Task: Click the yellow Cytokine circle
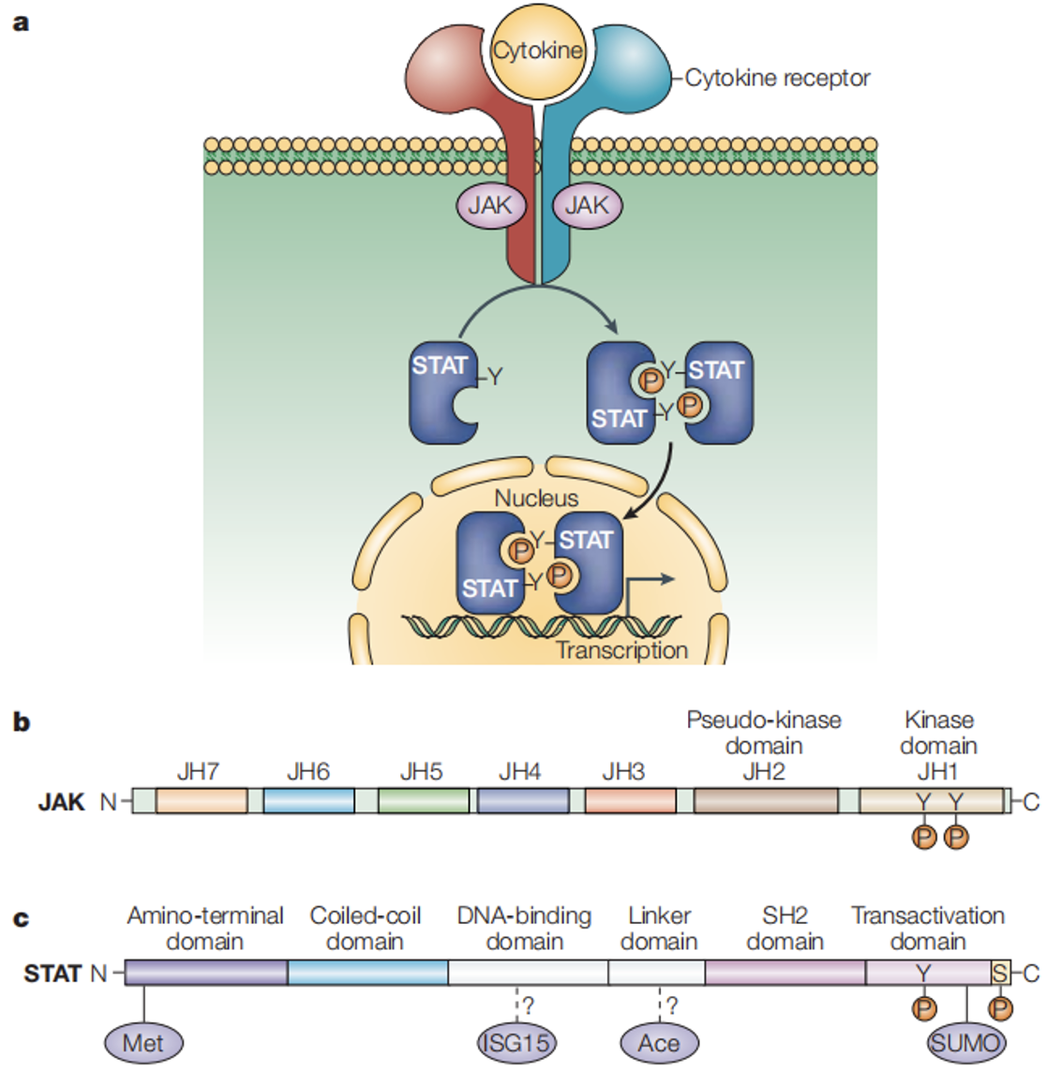537,51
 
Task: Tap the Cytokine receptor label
777,78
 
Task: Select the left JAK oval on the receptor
490,205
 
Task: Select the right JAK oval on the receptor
587,205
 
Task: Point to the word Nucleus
536,498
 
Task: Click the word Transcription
621,650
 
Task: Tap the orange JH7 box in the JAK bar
202,801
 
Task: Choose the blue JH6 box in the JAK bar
308,801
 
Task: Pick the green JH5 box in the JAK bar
423,801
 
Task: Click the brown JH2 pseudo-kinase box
766,801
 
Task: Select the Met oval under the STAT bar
143,1043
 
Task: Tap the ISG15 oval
516,1043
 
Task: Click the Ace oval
659,1043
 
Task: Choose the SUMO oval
965,1043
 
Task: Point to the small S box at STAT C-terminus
1001,974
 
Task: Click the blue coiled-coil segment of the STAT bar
367,974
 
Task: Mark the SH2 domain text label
785,929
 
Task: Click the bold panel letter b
21,722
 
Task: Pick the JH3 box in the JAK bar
630,801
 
